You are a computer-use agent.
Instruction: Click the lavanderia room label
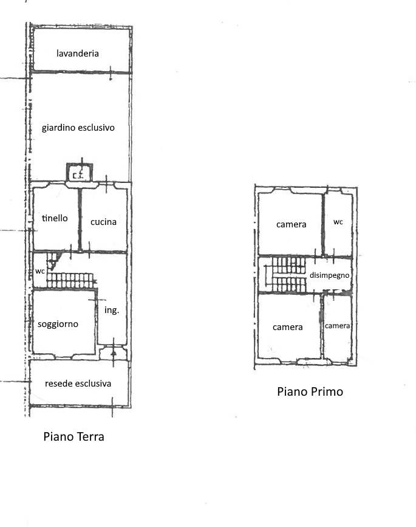pyautogui.click(x=78, y=53)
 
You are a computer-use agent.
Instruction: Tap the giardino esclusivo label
pyautogui.click(x=78, y=128)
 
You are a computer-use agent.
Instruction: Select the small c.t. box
pyautogui.click(x=79, y=173)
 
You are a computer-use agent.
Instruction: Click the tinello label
pyautogui.click(x=55, y=218)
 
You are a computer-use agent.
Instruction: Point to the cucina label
pyautogui.click(x=103, y=222)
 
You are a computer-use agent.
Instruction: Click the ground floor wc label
pyautogui.click(x=40, y=271)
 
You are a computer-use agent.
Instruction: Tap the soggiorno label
pyautogui.click(x=58, y=324)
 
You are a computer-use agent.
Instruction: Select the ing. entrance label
pyautogui.click(x=112, y=310)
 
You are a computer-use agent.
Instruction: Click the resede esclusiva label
pyautogui.click(x=78, y=384)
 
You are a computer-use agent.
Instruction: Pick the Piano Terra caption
pyautogui.click(x=74, y=436)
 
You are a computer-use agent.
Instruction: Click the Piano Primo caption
pyautogui.click(x=310, y=391)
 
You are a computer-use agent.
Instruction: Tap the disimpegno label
pyautogui.click(x=329, y=275)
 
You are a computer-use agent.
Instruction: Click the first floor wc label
pyautogui.click(x=338, y=222)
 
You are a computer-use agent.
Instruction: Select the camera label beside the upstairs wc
pyautogui.click(x=291, y=224)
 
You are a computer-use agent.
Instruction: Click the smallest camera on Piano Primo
pyautogui.click(x=338, y=326)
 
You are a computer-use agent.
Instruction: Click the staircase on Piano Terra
pyautogui.click(x=70, y=275)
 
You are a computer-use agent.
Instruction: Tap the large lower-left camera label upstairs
pyautogui.click(x=287, y=327)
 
